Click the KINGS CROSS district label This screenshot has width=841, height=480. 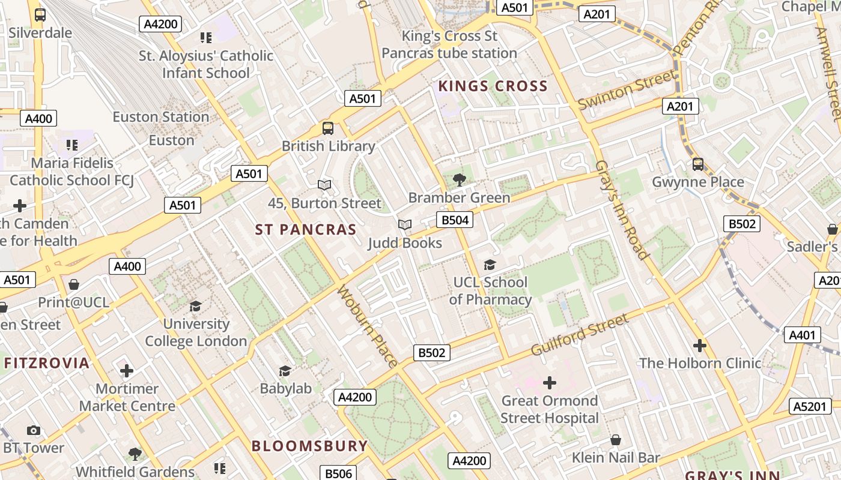(x=493, y=86)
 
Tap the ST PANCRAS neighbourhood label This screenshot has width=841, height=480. (x=306, y=230)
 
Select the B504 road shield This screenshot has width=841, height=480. (x=455, y=220)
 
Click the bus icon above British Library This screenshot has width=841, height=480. (x=328, y=128)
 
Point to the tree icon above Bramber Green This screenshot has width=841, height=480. (x=459, y=179)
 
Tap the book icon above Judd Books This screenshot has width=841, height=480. (x=405, y=225)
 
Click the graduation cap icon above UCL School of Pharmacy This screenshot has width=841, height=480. (x=490, y=265)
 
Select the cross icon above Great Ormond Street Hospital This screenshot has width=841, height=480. (x=549, y=382)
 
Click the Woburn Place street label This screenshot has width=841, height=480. (x=367, y=326)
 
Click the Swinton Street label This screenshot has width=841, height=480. (x=627, y=90)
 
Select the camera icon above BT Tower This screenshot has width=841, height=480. (x=34, y=430)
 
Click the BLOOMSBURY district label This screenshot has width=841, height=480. (x=309, y=446)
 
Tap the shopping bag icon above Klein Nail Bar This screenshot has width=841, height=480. (x=616, y=440)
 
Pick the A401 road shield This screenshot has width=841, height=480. (x=802, y=335)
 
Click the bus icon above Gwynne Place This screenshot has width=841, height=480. (x=698, y=164)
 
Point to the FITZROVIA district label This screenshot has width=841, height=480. (x=47, y=363)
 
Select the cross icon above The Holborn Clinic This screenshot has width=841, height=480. (x=700, y=346)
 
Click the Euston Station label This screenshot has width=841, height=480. (x=161, y=117)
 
